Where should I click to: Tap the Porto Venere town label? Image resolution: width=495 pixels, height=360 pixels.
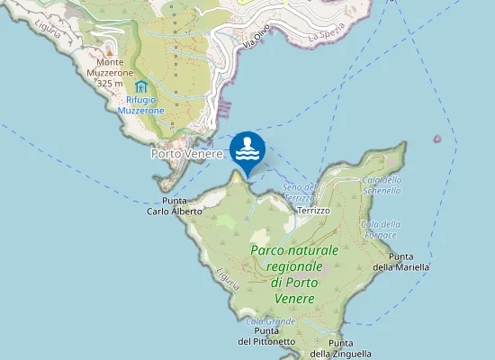pyautogui.click(x=185, y=153)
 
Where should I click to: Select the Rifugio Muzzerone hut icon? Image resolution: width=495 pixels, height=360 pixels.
pyautogui.click(x=140, y=86)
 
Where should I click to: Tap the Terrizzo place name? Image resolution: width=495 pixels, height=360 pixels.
pyautogui.click(x=312, y=210)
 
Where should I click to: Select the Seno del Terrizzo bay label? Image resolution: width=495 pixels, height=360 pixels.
pyautogui.click(x=300, y=192)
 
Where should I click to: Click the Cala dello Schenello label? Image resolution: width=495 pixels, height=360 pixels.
pyautogui.click(x=381, y=184)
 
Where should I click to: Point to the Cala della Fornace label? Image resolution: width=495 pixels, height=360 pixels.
pyautogui.click(x=380, y=229)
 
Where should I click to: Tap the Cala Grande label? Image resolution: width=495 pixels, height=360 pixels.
pyautogui.click(x=270, y=321)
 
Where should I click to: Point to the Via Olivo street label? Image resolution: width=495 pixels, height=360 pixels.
pyautogui.click(x=256, y=40)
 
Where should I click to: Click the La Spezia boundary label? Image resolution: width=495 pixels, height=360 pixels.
pyautogui.click(x=326, y=37)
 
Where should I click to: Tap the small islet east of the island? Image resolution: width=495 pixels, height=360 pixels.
pyautogui.click(x=437, y=139)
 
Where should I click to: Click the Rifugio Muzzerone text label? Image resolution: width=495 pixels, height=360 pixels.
pyautogui.click(x=140, y=104)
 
